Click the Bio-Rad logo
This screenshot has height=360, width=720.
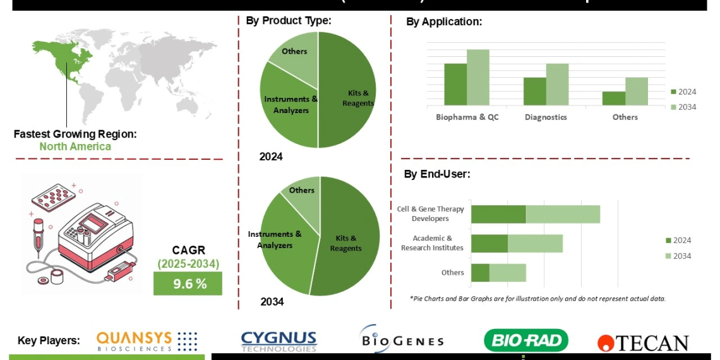click(525, 341)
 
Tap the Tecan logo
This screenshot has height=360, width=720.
click(643, 343)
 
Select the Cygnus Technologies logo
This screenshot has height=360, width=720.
click(279, 341)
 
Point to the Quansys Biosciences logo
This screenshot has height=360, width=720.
click(147, 341)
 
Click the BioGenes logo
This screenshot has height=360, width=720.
click(401, 340)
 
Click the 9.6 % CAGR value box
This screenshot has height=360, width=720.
click(188, 284)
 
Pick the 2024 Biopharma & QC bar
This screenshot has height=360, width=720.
click(455, 84)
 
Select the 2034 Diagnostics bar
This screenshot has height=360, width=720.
click(557, 84)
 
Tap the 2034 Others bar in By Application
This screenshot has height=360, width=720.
click(637, 91)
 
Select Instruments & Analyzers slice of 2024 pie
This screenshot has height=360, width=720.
click(288, 107)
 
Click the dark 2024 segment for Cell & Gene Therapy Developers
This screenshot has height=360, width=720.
click(498, 214)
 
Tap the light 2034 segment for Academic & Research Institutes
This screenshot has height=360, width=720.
click(535, 243)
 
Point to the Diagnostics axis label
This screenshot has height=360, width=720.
click(546, 117)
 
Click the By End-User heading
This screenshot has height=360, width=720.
click(437, 174)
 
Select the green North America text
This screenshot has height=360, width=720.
click(75, 147)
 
